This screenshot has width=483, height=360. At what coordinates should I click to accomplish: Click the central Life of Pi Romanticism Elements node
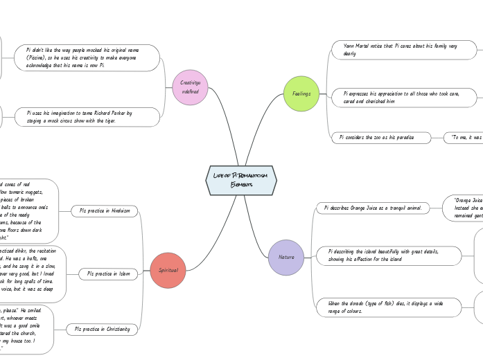241,180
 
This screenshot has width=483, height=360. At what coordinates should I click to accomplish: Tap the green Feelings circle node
301,93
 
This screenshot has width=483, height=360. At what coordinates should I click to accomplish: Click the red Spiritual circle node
168,270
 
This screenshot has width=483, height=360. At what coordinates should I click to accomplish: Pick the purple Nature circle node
286,257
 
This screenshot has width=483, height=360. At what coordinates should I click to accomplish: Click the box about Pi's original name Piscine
87,58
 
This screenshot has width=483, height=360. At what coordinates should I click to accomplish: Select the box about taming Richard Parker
87,116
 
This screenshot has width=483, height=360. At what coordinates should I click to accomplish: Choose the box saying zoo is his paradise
381,138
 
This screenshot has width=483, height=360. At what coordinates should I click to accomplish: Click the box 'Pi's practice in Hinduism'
105,210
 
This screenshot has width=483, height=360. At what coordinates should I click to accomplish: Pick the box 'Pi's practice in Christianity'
103,330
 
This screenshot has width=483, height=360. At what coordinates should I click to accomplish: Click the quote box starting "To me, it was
464,138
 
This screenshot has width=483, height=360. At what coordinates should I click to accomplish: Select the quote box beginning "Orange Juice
464,208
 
